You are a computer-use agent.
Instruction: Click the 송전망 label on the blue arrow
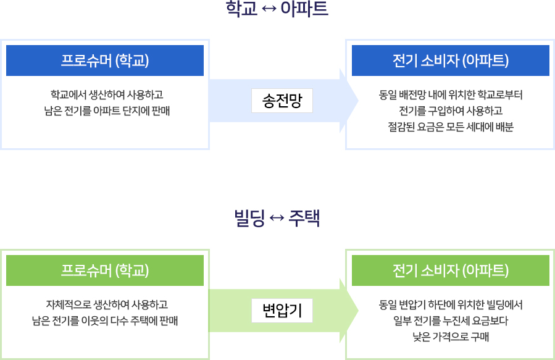[x=282, y=101]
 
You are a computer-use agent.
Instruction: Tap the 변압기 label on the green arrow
[x=282, y=311]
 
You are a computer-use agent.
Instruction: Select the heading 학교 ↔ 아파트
[x=277, y=9]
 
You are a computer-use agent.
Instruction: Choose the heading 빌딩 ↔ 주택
[x=277, y=218]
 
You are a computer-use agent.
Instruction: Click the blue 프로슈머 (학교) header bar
[x=105, y=61]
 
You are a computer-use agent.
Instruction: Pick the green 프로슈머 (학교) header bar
[x=105, y=270]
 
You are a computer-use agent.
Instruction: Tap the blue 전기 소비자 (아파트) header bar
[x=451, y=61]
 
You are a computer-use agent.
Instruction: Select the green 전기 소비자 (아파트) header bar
[x=451, y=270]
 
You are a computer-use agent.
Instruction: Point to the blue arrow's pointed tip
[x=358, y=101]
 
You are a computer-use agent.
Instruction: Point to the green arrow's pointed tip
[x=358, y=311]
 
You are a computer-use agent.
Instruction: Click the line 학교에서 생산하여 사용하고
[x=107, y=95]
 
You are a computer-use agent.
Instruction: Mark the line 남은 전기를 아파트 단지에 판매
[x=107, y=111]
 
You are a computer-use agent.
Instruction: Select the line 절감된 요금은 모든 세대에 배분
[x=451, y=127]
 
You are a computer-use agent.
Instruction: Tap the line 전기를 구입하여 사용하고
[x=451, y=111]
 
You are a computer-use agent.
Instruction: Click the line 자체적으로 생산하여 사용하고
[x=107, y=305]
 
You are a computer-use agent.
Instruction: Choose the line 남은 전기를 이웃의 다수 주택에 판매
[x=105, y=320]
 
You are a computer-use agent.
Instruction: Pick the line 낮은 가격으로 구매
[x=451, y=337]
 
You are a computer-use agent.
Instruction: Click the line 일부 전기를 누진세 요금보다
[x=451, y=320]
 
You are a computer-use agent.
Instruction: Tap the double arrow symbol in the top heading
[x=269, y=9]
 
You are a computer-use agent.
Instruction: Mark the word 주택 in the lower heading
[x=304, y=218]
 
